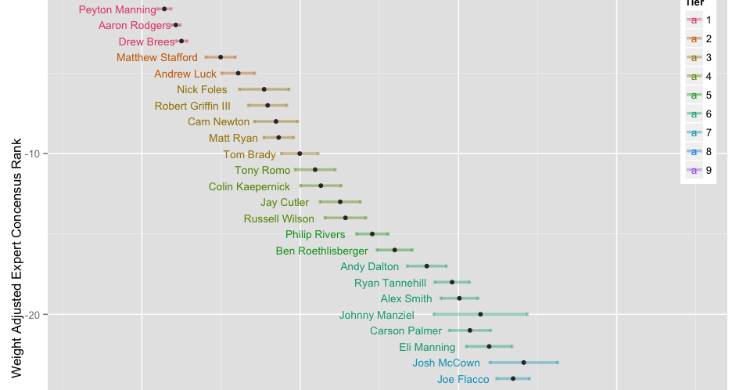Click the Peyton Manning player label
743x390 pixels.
tap(117, 10)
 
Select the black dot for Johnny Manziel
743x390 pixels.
tap(481, 314)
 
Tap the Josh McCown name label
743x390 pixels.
tap(446, 363)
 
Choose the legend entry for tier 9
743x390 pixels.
tap(695, 170)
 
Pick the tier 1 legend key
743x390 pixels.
tap(695, 20)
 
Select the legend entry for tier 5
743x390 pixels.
tap(695, 95)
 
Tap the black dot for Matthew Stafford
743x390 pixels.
tap(221, 57)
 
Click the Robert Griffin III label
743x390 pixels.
tap(192, 107)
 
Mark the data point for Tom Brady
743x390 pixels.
tap(300, 153)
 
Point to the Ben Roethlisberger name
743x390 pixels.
tap(321, 251)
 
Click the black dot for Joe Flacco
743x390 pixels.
tap(513, 379)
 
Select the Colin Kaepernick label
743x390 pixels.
tap(249, 187)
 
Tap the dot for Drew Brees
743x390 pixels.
tap(181, 41)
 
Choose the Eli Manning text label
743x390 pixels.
tap(427, 347)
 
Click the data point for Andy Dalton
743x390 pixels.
tap(427, 266)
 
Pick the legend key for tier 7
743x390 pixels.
tap(695, 132)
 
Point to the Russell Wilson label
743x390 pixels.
tap(278, 219)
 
